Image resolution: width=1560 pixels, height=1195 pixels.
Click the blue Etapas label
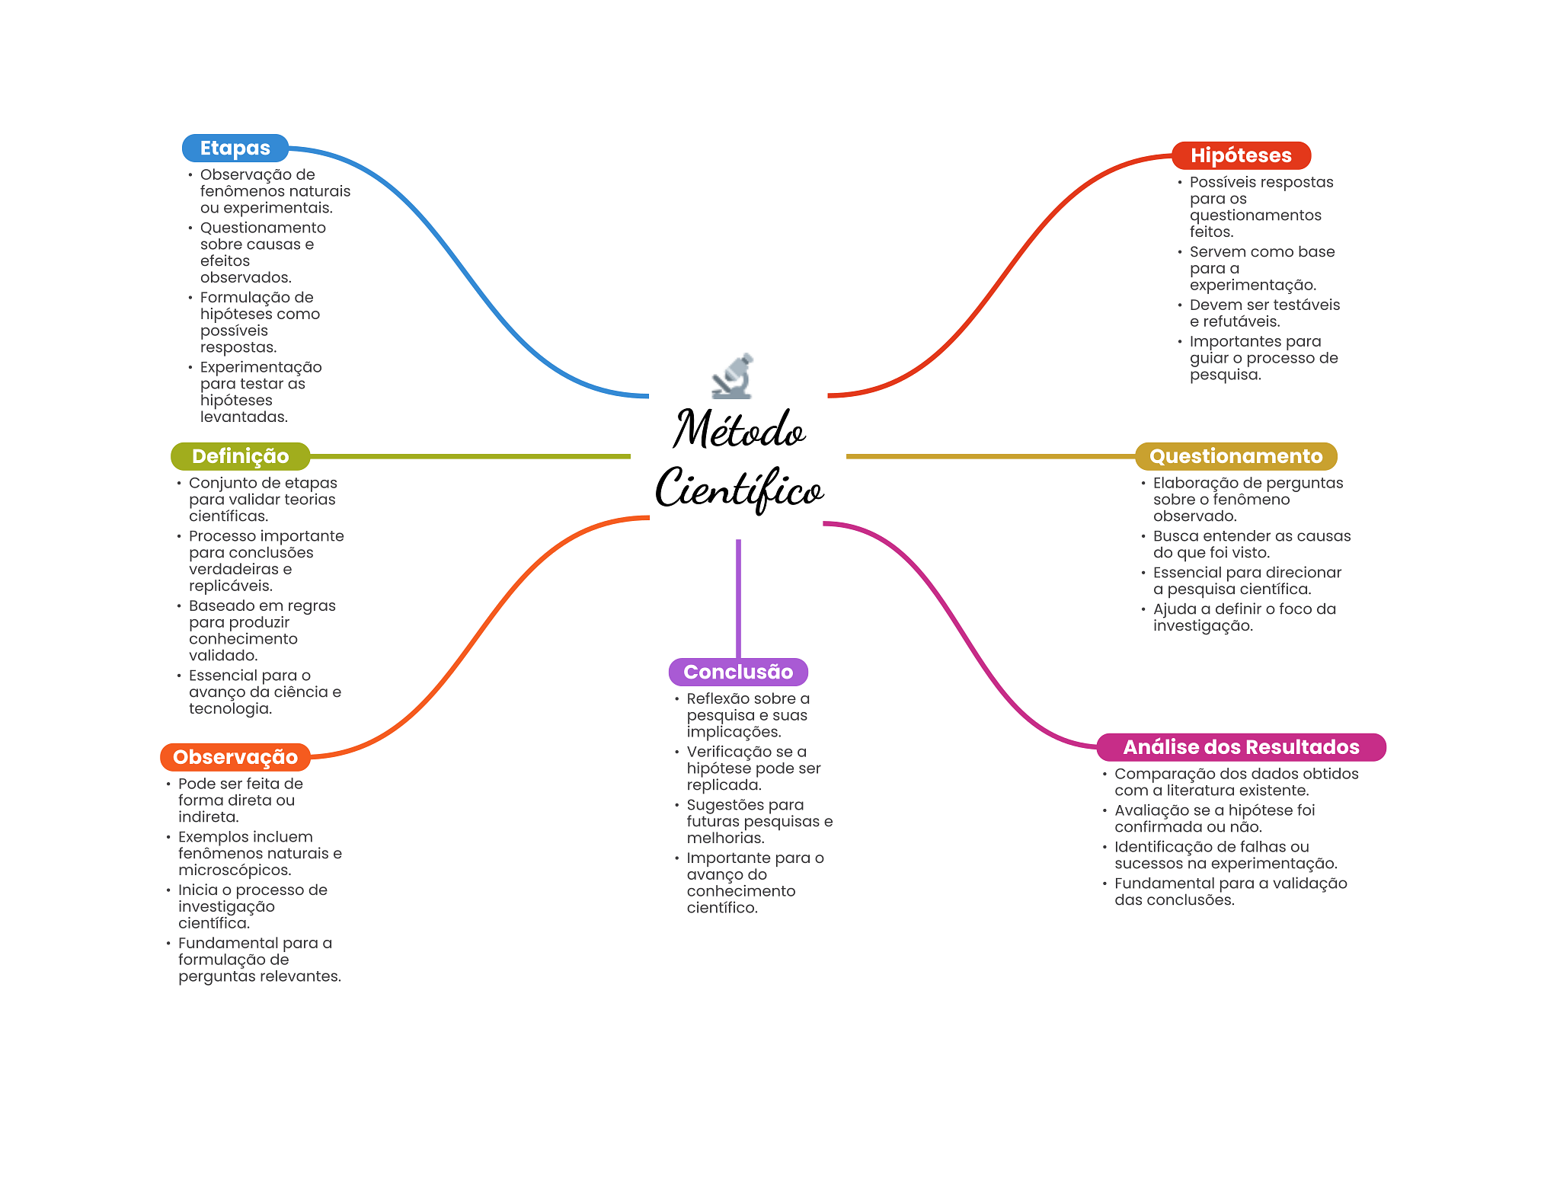(x=235, y=148)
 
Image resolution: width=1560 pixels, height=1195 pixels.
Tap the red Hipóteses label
(x=1241, y=155)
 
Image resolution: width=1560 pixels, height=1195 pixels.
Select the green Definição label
(x=240, y=456)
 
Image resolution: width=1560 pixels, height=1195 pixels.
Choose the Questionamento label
(x=1236, y=456)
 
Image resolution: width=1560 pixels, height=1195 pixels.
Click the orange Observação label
(x=235, y=757)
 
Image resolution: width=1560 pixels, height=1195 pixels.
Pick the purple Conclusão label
(x=738, y=672)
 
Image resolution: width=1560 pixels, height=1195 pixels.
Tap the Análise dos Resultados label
(x=1241, y=747)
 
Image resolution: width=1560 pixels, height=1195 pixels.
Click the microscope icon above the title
(x=733, y=375)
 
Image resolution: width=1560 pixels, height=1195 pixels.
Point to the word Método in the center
(x=739, y=429)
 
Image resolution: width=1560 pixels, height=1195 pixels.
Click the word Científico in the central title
(x=739, y=489)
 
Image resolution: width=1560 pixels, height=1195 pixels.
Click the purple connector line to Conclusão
(x=738, y=599)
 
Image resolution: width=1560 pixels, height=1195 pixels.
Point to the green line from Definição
(x=470, y=456)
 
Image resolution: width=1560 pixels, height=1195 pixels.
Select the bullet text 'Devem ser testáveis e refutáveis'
(x=1264, y=313)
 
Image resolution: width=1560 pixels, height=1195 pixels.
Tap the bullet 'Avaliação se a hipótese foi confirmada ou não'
(x=1214, y=819)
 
